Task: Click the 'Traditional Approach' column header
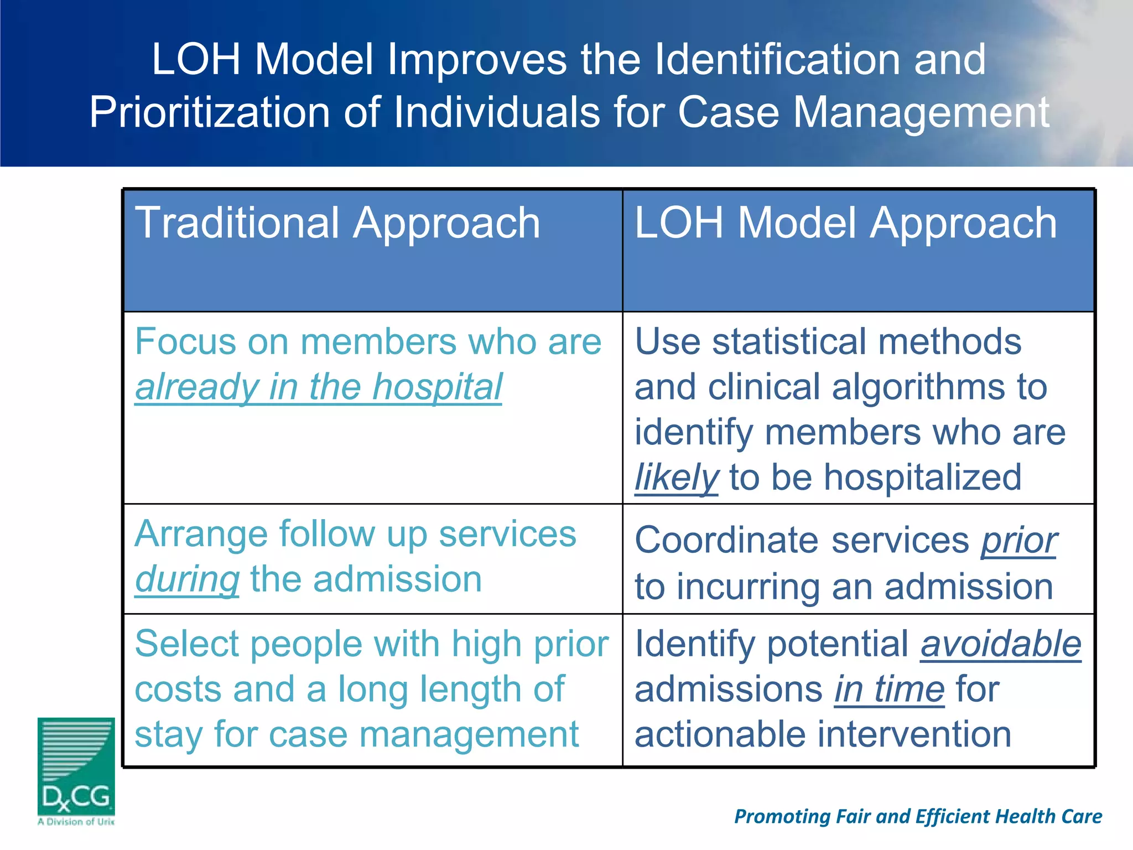click(x=337, y=223)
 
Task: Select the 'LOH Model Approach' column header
click(x=845, y=223)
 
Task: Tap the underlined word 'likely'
click(x=676, y=478)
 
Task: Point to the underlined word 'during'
click(x=187, y=579)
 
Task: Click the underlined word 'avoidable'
click(x=1000, y=644)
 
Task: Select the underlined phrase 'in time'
click(x=889, y=690)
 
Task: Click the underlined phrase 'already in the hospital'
click(x=319, y=387)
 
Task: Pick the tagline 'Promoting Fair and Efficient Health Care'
click(x=918, y=817)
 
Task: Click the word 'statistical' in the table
click(x=790, y=341)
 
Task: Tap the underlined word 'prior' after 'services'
click(x=1018, y=541)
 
